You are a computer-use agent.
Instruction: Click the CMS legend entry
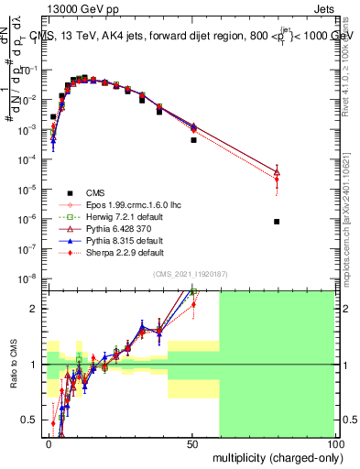pyautogui.click(x=95, y=192)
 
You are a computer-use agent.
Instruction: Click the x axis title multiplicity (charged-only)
pyautogui.click(x=274, y=456)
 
